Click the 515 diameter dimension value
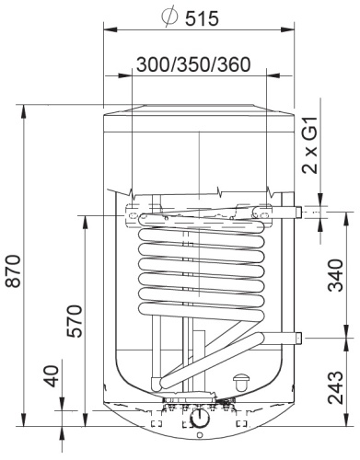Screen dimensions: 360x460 point(202,18)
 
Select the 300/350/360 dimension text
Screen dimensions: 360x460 point(193,64)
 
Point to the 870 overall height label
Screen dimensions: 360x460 point(13,270)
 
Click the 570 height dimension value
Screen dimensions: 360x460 point(75,321)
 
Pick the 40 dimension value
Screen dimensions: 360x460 point(51,376)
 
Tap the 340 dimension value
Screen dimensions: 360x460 point(335,275)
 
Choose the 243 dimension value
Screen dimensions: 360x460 point(335,387)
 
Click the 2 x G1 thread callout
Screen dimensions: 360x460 point(309,145)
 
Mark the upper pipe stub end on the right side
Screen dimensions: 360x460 point(299,212)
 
